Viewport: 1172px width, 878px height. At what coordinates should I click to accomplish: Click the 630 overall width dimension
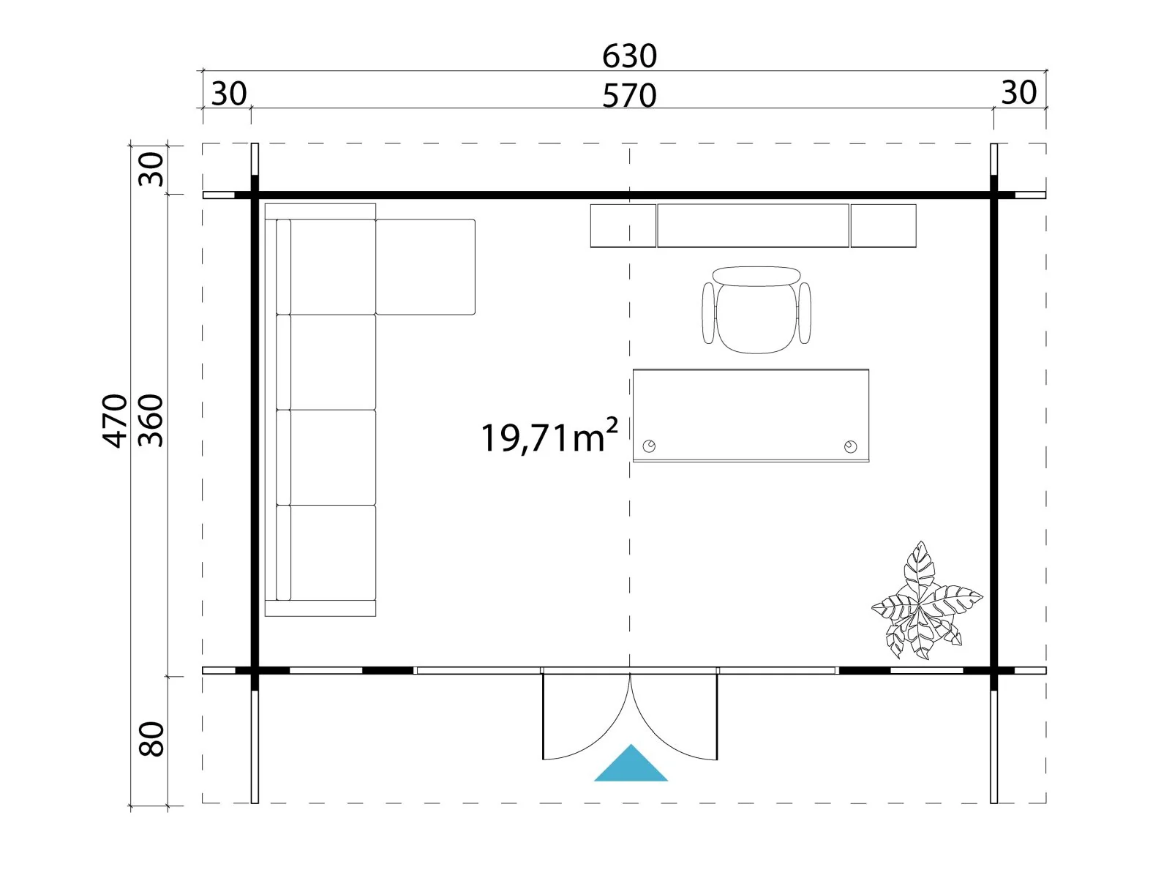pos(629,56)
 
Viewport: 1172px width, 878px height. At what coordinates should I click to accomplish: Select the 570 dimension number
pos(629,96)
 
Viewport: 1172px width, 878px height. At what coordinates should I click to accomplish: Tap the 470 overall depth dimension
pos(115,421)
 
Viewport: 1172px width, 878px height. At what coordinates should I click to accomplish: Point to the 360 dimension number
pos(151,421)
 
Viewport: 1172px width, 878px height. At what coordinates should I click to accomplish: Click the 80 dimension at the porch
pos(151,739)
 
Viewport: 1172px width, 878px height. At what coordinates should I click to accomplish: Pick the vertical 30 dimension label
pos(151,169)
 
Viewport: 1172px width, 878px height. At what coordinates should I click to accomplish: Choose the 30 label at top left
pos(229,94)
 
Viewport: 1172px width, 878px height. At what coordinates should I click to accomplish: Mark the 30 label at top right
pos(1019,92)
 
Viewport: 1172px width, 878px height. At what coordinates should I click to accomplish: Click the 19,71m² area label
pos(549,436)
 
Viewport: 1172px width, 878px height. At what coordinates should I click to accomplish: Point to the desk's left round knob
pos(649,446)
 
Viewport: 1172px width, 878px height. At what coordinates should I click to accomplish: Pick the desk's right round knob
pos(851,446)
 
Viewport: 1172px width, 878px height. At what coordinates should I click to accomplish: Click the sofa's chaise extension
pos(426,267)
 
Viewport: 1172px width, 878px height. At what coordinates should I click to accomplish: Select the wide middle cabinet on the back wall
pos(753,226)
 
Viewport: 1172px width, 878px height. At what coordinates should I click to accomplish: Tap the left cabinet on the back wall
pos(623,226)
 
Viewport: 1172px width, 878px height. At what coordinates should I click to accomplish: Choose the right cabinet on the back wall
pos(883,226)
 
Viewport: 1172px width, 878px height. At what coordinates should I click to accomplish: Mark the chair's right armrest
pos(805,313)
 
